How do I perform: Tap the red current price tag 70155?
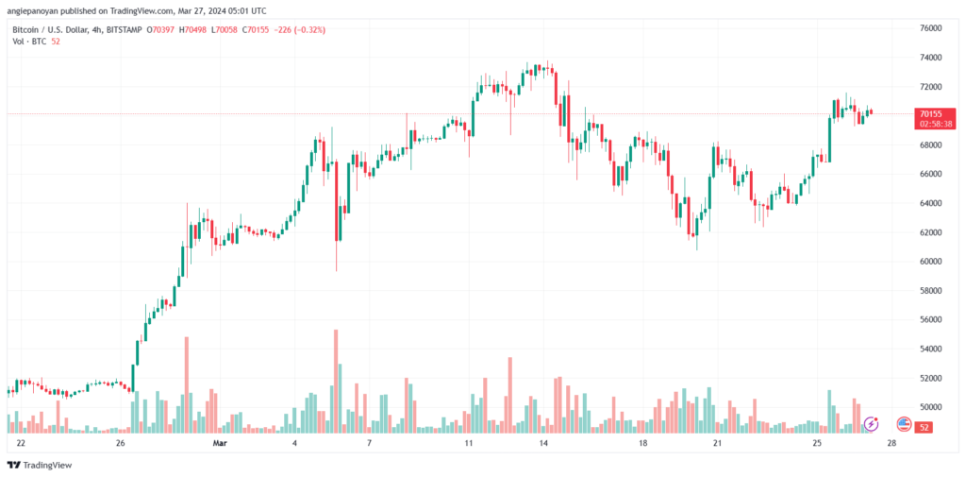(x=930, y=113)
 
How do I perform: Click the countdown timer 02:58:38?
(x=936, y=124)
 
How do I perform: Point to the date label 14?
(x=542, y=443)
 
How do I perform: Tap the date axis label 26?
(x=121, y=443)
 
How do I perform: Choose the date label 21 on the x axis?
(x=717, y=443)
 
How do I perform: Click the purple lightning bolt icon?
(x=871, y=424)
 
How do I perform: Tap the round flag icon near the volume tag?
(x=904, y=424)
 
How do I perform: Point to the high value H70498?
(x=193, y=29)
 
